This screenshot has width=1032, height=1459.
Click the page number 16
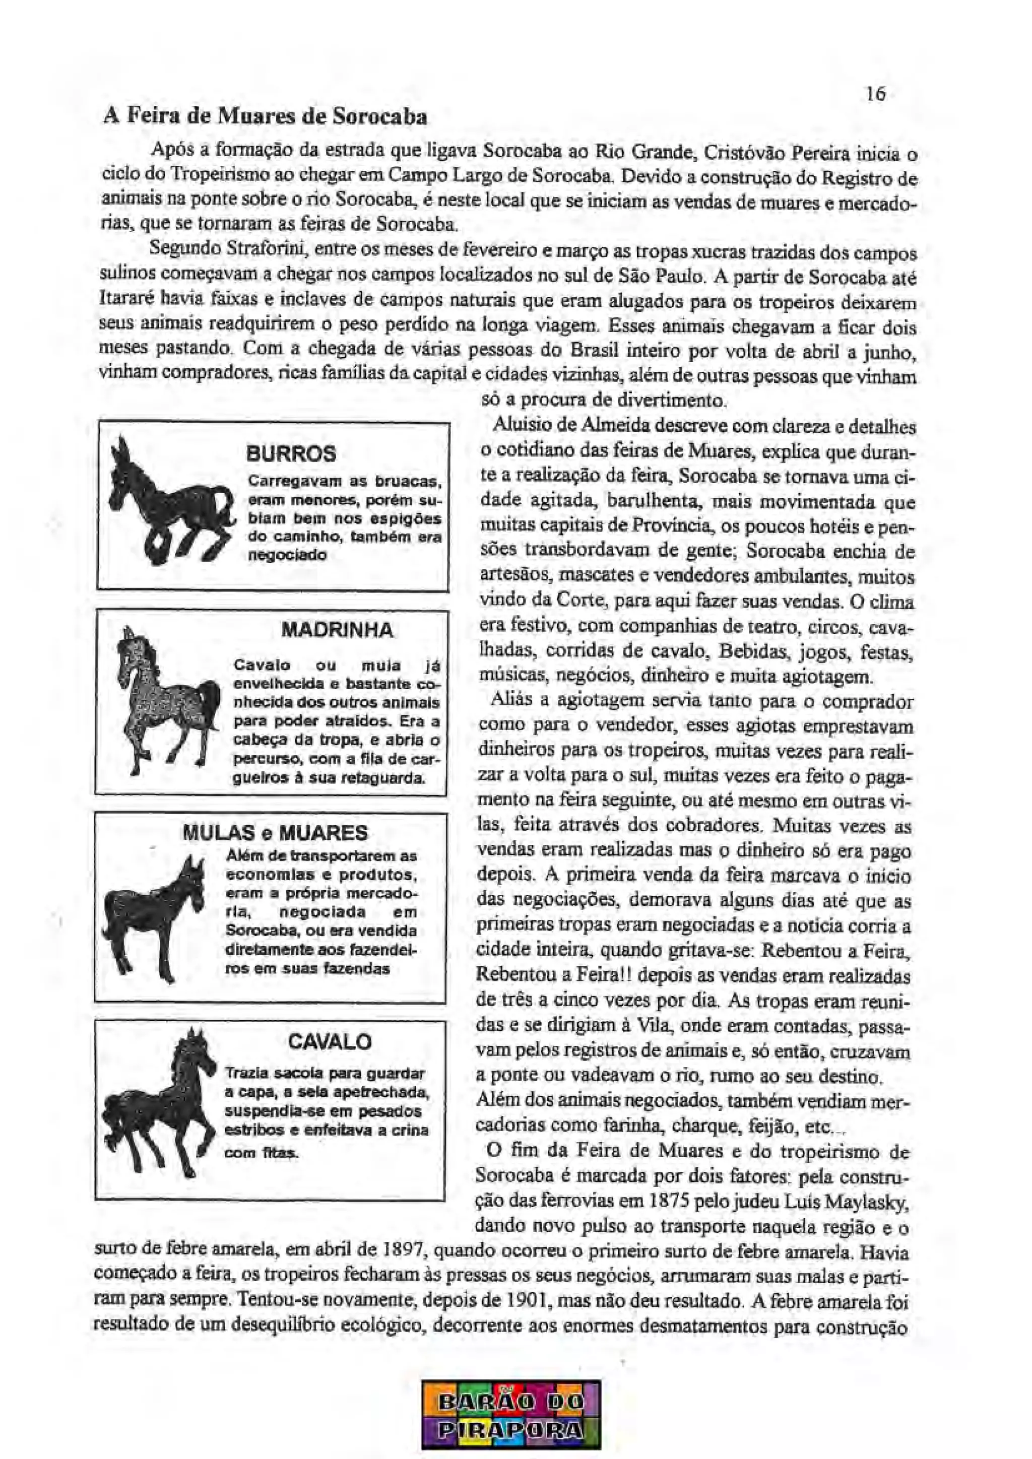[x=875, y=94]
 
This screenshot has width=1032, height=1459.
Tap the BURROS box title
[x=291, y=454]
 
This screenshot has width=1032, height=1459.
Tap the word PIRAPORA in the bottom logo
[x=511, y=1430]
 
